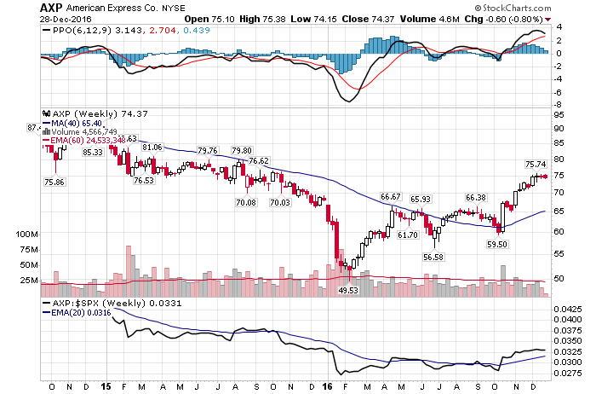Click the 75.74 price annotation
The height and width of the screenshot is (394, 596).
[x=535, y=165]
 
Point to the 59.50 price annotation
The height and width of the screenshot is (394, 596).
[x=497, y=243]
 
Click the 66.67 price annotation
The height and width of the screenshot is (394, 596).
[x=391, y=197]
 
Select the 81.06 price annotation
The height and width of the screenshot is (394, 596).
[x=152, y=148]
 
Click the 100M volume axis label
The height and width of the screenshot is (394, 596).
[x=28, y=233]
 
